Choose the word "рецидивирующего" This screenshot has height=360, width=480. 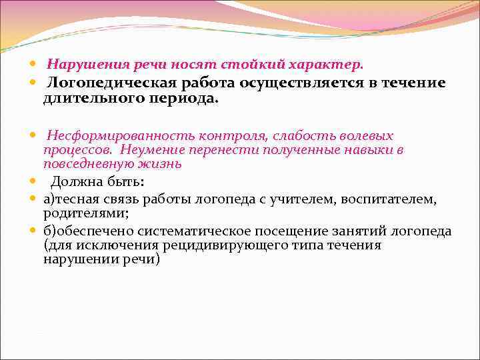[232, 245]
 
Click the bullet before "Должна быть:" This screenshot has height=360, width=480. [33, 182]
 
